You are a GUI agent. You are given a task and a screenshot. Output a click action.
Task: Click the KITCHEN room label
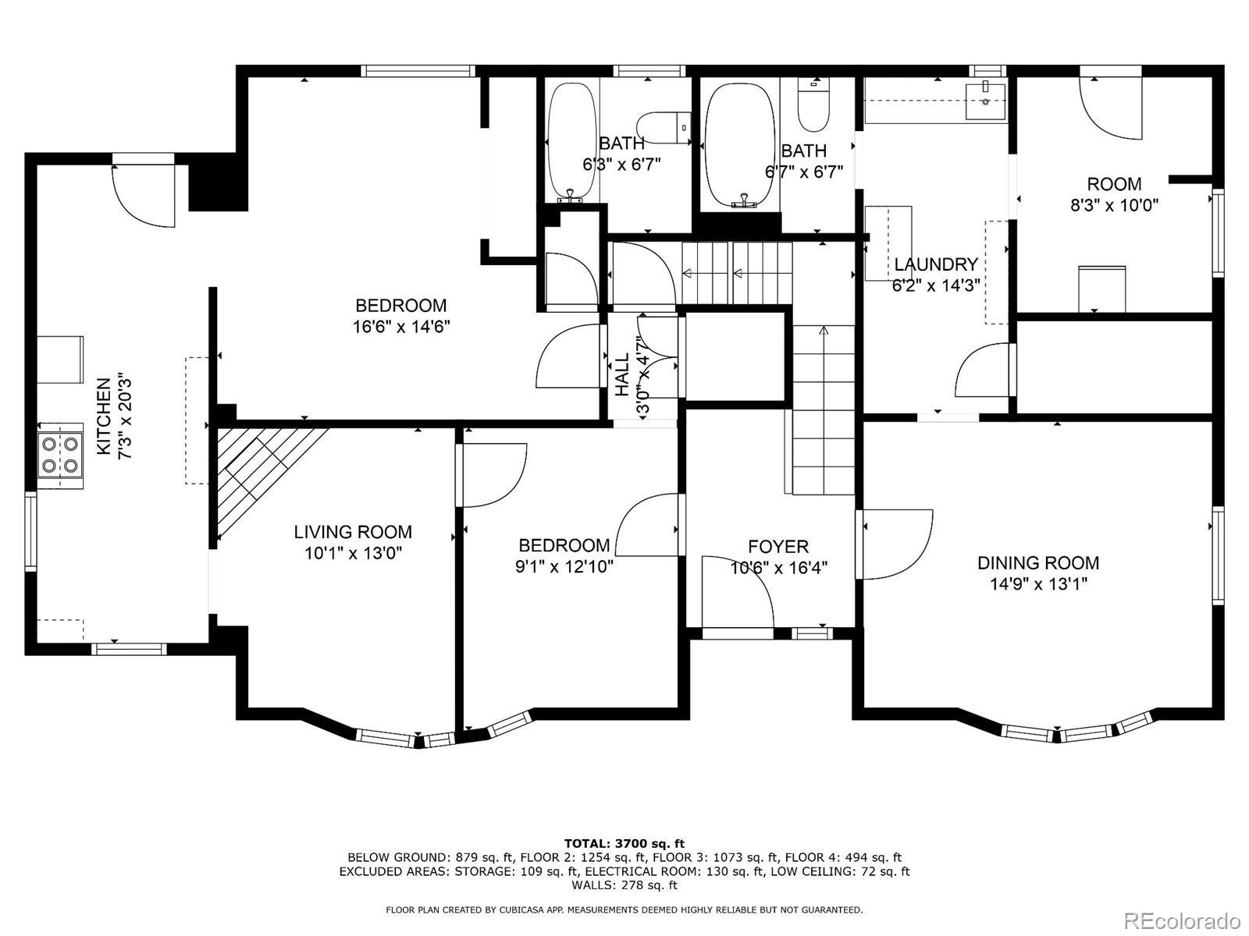point(104,417)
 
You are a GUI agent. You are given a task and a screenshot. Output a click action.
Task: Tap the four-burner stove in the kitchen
point(60,455)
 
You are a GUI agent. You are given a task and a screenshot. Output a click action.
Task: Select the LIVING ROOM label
point(353,532)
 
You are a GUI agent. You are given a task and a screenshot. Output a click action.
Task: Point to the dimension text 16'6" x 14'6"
point(401,327)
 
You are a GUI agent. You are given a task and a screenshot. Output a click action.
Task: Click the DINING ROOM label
point(1038,562)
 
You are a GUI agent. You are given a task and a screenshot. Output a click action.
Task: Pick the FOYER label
point(778,547)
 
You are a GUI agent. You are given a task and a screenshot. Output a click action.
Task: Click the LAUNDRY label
point(936,264)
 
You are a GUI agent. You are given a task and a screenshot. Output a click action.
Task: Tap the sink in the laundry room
point(986,101)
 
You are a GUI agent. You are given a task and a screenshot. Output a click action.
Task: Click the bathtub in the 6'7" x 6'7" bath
point(740,146)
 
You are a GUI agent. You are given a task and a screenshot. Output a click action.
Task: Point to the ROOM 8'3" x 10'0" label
point(1114,194)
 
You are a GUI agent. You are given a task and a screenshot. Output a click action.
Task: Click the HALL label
point(622,374)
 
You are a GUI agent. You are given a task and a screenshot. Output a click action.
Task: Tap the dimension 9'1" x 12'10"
point(564,566)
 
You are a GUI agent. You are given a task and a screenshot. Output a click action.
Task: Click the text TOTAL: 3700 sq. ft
point(624,843)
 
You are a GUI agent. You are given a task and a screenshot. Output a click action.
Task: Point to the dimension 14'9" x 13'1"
point(1038,584)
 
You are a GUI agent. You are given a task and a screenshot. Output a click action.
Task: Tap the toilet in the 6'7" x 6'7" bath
point(813,106)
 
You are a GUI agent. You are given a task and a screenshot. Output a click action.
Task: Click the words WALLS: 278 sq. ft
point(624,885)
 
